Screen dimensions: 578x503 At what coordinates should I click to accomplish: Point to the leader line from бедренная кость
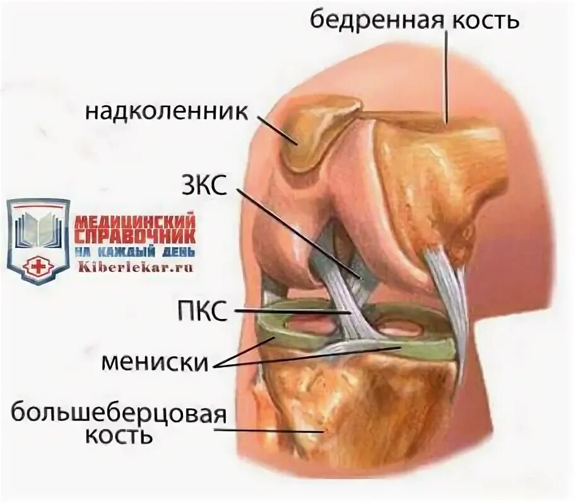pos(447,76)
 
